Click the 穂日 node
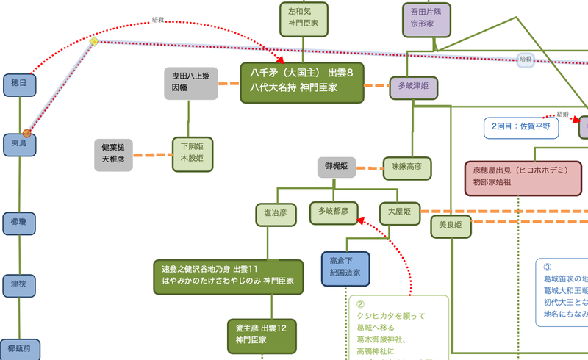19,85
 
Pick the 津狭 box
19,284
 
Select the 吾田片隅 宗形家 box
426,19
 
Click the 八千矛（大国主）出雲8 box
302,82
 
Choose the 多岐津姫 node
413,87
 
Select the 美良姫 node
450,226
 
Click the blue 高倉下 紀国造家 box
345,269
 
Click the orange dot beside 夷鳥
27,133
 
